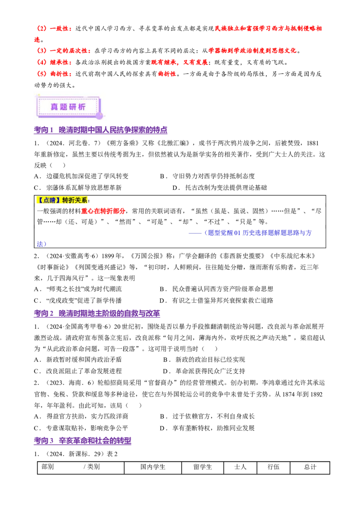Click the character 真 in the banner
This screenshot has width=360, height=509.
click(54, 107)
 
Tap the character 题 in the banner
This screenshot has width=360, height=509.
click(64, 107)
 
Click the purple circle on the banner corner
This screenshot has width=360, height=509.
click(99, 116)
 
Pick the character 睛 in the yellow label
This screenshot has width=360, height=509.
click(54, 201)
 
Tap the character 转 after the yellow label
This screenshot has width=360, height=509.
click(66, 201)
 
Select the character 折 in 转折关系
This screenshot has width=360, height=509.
click(72, 201)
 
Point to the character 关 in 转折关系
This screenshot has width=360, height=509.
click(79, 201)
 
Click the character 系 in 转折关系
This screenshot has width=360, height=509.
click(85, 201)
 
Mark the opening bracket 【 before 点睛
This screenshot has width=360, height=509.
click(40, 201)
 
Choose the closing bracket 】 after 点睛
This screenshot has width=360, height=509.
click(59, 201)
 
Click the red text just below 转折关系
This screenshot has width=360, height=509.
click(103, 211)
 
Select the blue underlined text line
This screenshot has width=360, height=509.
click(258, 233)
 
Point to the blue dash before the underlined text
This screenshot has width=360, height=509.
click(196, 233)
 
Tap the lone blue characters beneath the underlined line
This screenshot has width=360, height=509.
click(41, 244)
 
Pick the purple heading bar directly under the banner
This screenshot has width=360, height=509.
click(100, 131)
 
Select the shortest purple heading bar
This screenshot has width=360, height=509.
click(82, 441)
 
